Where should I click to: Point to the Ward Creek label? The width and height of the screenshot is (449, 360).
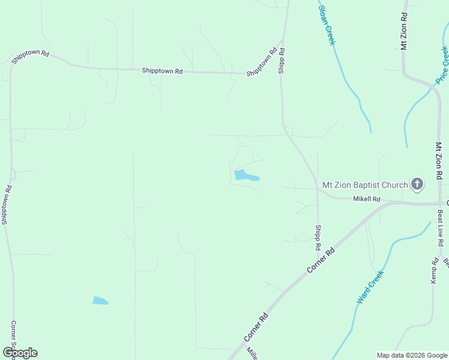369,287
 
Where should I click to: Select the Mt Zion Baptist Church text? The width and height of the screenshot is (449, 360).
365,185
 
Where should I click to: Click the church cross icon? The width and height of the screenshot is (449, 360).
417,185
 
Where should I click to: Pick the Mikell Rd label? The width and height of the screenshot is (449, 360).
367,199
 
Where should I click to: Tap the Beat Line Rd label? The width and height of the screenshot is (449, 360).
440,228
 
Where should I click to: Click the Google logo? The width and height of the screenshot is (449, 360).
20,352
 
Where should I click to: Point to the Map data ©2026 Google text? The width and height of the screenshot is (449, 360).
412,355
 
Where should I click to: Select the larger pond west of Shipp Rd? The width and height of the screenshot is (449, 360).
245,176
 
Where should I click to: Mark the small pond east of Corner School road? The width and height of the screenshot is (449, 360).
100,301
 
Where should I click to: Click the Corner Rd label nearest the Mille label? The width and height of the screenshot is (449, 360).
256,327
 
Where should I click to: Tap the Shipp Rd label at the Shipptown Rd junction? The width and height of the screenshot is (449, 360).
281,61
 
